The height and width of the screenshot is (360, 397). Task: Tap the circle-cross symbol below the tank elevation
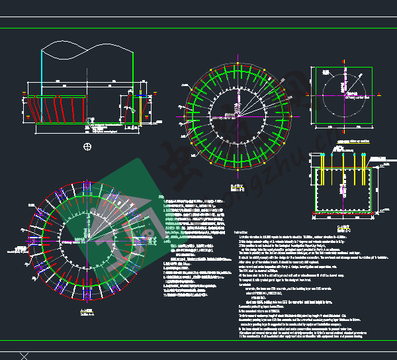point(87,146)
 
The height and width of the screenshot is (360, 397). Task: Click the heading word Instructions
point(243,232)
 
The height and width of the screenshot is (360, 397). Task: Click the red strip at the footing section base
point(341,213)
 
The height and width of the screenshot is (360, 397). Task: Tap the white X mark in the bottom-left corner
point(24,355)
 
